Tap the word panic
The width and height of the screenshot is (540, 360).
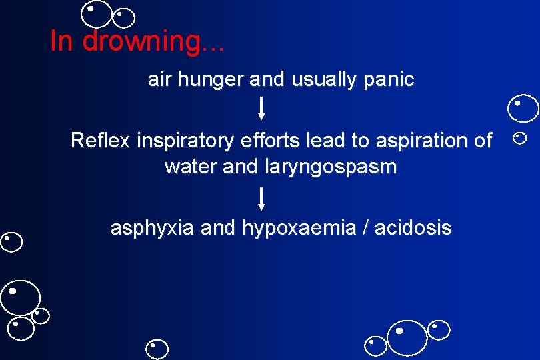tap(389, 80)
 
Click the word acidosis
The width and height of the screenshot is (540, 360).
tap(413, 228)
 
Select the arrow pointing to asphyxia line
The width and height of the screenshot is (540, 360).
tap(261, 199)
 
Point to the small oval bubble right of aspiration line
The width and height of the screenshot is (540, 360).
tap(519, 139)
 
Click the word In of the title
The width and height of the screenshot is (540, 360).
tap(61, 41)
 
